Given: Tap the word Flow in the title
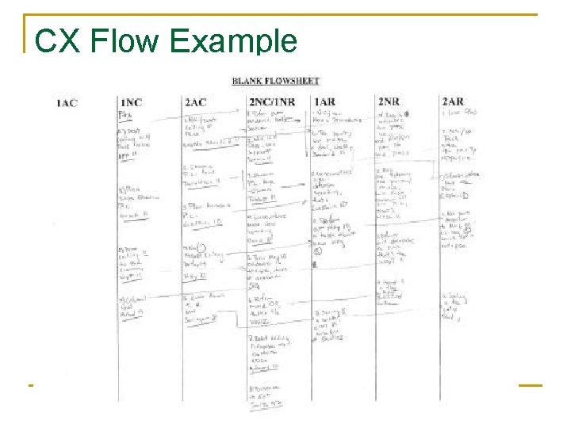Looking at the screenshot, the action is coord(125,41).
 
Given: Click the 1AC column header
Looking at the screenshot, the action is coord(67,102).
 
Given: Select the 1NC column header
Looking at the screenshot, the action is coord(132,102).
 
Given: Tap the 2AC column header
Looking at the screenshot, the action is coord(195,102).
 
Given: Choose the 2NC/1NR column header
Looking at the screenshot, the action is coord(271,102).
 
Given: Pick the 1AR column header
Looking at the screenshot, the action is coord(324,102).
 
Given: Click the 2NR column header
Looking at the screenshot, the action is coord(389,102).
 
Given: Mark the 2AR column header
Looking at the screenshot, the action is coord(453,102).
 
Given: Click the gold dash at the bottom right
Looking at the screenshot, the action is coord(530,385).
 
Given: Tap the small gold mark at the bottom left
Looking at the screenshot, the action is coord(30,385).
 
